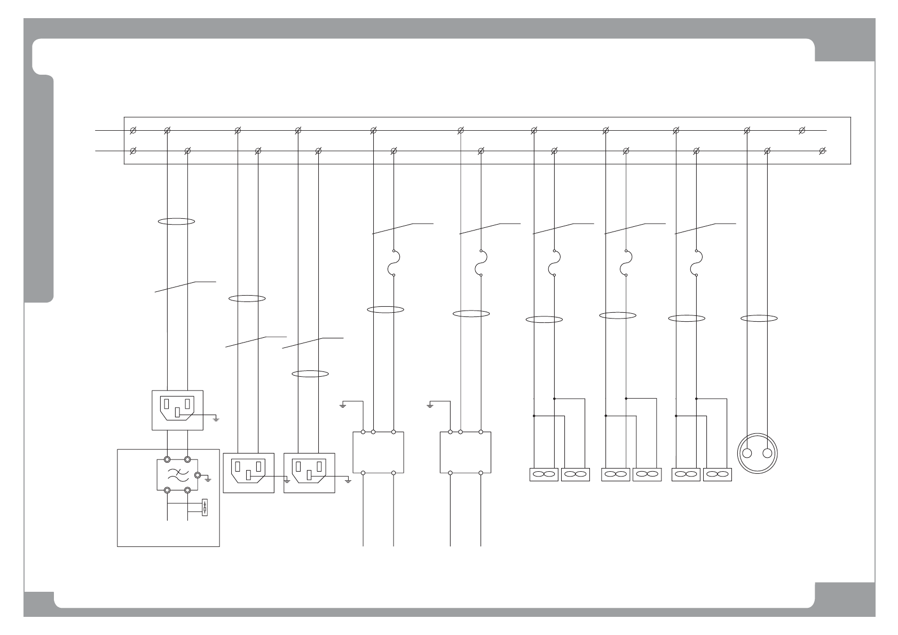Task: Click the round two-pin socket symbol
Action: (x=757, y=454)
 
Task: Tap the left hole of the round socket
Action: (x=747, y=454)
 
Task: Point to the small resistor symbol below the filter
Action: (x=206, y=508)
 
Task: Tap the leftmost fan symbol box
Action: (x=543, y=474)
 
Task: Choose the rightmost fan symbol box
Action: (x=717, y=474)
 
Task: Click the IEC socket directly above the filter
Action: (x=177, y=409)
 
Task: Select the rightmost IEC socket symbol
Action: (x=309, y=472)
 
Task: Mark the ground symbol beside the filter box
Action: (x=208, y=480)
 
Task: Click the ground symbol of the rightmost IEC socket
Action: (x=348, y=481)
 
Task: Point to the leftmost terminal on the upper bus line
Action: (x=133, y=130)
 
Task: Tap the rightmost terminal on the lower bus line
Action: (x=822, y=151)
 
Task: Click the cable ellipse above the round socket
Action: (x=759, y=319)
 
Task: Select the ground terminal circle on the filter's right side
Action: (x=198, y=474)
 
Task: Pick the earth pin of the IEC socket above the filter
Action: (x=177, y=413)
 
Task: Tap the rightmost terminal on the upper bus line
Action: (x=801, y=130)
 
